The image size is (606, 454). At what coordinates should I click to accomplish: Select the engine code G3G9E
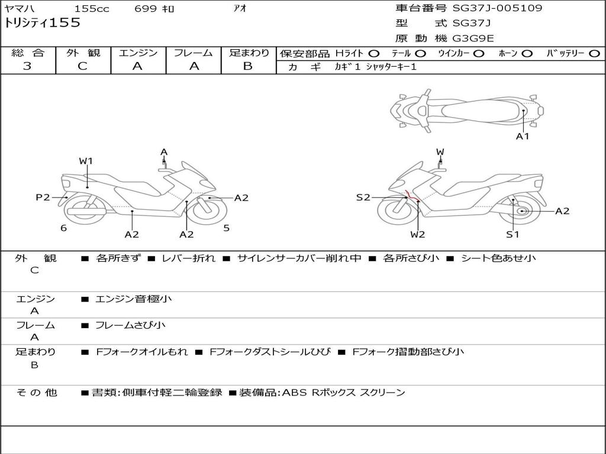473,38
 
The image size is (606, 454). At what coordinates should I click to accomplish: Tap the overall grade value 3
27,66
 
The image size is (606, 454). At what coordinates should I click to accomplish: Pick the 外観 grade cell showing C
83,66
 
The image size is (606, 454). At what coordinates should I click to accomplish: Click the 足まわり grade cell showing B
248,66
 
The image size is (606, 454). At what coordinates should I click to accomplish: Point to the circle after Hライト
374,54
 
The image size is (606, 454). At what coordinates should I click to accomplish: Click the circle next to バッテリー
594,54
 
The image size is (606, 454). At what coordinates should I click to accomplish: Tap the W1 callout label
86,161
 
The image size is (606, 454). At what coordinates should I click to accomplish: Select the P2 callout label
43,197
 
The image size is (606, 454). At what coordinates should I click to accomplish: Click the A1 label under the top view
523,137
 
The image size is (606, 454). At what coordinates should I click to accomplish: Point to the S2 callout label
363,197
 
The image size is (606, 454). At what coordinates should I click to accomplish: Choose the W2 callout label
418,234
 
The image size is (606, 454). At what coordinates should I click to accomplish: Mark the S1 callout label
512,234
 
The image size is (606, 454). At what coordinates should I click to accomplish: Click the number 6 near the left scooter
63,228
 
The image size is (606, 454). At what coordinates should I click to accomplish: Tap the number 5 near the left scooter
226,228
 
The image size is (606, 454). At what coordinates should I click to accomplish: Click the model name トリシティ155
42,24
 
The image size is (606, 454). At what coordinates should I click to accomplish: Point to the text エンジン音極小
134,299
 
